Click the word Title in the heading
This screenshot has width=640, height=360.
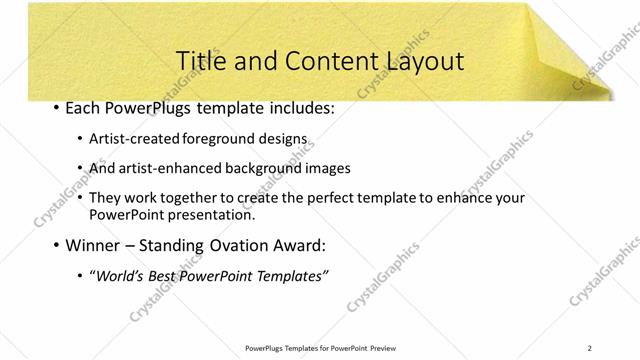(x=198, y=61)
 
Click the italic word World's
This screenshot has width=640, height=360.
(x=119, y=275)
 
